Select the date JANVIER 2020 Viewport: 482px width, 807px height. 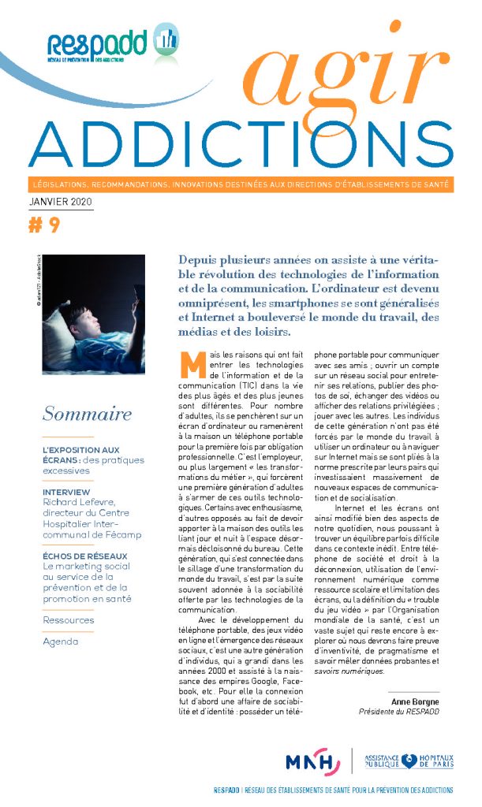60,203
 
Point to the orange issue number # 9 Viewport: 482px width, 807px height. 44,226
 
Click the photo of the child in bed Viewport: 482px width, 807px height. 94,314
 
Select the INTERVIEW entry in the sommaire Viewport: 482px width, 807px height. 67,492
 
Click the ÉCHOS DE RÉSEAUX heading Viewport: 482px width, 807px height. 86,556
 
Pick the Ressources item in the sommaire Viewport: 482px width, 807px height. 69,620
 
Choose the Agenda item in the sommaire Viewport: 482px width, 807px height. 61,642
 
